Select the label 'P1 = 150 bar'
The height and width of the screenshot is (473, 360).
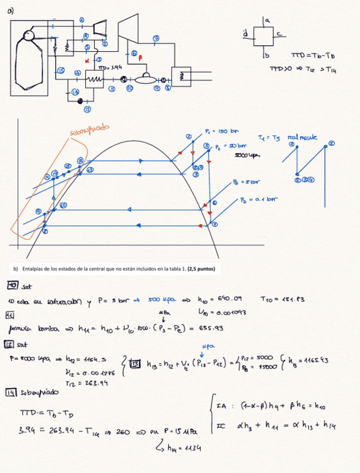[x=221, y=132]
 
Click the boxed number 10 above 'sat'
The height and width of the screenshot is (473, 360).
[x=12, y=285]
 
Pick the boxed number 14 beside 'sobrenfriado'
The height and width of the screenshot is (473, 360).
[x=12, y=392]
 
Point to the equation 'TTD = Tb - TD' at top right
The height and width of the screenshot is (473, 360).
[x=313, y=56]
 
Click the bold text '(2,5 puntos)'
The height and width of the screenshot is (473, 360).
[x=202, y=269]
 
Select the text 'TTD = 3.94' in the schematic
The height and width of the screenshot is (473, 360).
[x=109, y=67]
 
